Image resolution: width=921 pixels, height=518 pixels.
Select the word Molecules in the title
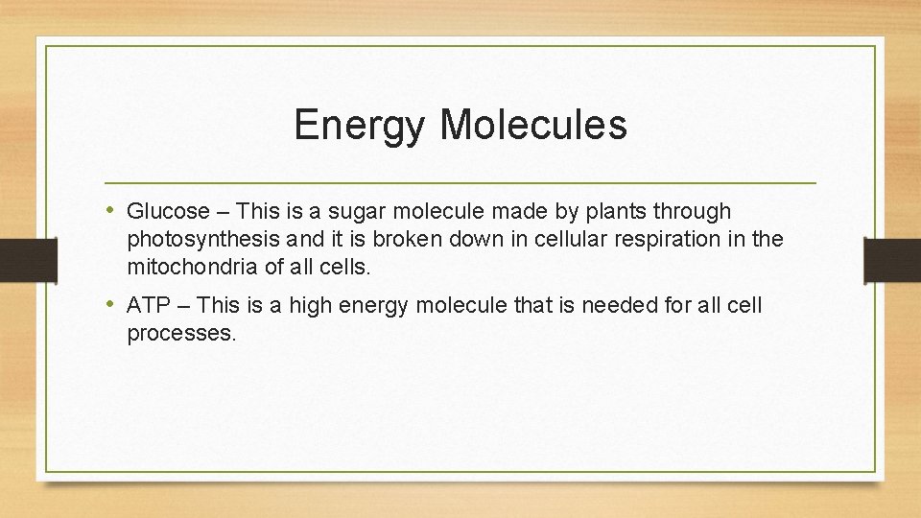533,126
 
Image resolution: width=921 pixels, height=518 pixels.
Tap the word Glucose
168,211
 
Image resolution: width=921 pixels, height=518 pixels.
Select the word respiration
631,239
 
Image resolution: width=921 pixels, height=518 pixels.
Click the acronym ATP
148,306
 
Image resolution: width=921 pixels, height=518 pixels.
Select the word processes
180,334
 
